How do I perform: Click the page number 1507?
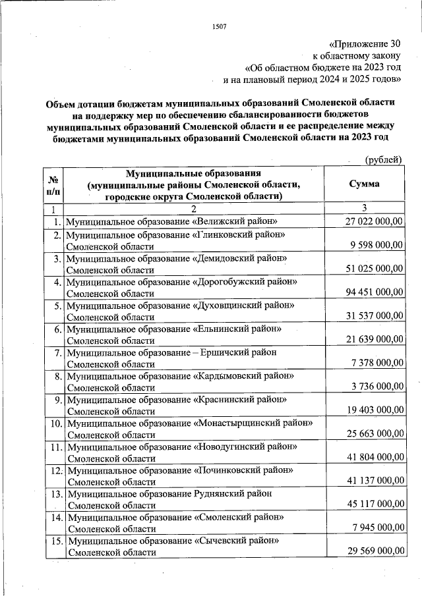click(x=220, y=26)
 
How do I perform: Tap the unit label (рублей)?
click(x=383, y=159)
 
